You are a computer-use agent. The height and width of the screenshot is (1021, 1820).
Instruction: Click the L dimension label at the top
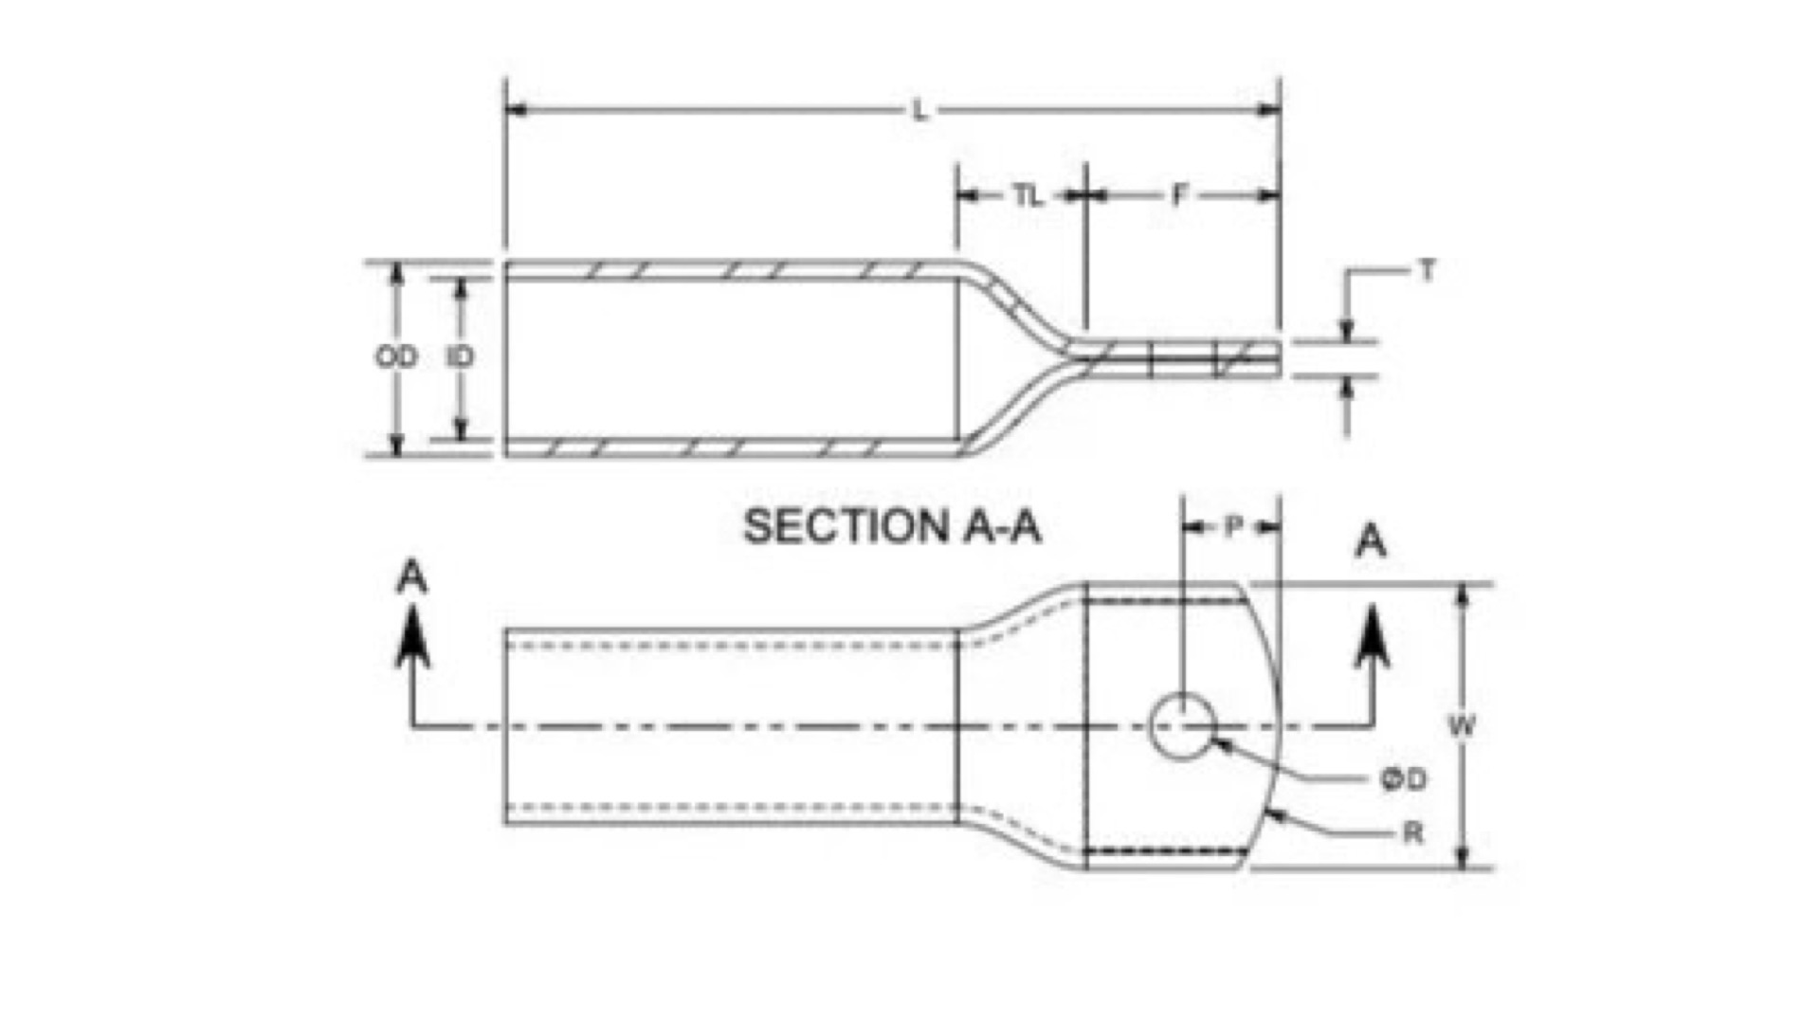point(919,111)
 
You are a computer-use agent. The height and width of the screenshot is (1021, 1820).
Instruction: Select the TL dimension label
point(1027,196)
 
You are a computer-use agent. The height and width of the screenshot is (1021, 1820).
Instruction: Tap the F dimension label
point(1179,195)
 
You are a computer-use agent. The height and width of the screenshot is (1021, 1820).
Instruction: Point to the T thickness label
point(1428,271)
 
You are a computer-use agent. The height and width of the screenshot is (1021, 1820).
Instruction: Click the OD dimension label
point(396,357)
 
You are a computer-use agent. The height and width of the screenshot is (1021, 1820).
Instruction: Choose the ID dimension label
point(460,357)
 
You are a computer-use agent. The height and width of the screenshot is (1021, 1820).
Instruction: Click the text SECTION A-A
point(892,526)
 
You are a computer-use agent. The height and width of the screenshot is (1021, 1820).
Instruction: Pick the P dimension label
point(1232,527)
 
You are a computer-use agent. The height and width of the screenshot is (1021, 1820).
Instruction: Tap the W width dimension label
point(1462,726)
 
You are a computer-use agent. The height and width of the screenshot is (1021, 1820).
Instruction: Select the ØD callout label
point(1403,780)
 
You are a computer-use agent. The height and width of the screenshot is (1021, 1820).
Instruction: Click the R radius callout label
point(1412,833)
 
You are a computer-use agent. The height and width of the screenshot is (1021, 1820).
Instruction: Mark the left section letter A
point(411,577)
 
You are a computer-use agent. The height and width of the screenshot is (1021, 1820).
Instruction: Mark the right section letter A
point(1372,541)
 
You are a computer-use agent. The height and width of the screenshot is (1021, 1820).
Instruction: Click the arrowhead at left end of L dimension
point(517,111)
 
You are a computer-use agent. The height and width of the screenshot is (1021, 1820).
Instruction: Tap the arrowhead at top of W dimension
point(1463,596)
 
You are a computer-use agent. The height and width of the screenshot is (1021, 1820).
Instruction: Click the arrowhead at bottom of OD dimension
point(397,444)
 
